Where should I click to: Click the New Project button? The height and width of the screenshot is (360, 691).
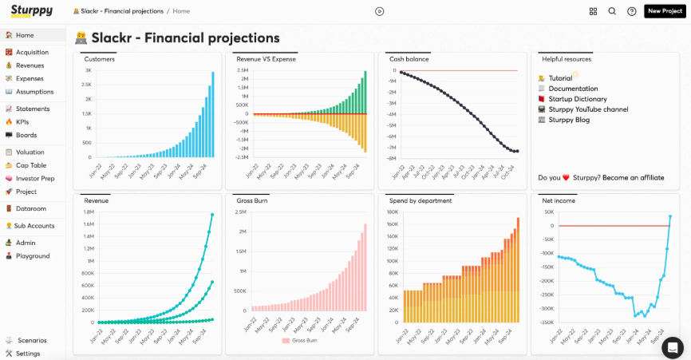click(665, 11)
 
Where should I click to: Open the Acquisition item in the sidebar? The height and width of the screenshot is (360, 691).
click(31, 52)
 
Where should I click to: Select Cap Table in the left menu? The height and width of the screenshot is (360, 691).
click(31, 165)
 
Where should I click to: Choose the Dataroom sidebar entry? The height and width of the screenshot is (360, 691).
click(30, 208)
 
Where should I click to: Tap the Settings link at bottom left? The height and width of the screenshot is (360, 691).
click(27, 353)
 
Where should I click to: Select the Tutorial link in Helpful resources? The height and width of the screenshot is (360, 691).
click(560, 78)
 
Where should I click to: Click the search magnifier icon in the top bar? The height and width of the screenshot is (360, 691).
click(612, 11)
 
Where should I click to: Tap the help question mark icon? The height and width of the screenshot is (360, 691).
click(632, 11)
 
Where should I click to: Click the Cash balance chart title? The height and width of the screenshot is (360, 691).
click(409, 59)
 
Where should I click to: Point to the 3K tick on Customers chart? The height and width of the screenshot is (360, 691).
click(88, 70)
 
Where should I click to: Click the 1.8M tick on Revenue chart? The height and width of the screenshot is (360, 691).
click(89, 212)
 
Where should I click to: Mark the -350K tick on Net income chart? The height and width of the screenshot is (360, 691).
click(546, 322)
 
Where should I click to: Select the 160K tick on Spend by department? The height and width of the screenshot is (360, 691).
click(393, 212)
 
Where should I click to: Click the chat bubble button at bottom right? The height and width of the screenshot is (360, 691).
click(673, 347)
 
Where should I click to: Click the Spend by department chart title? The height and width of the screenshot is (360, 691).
click(420, 200)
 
